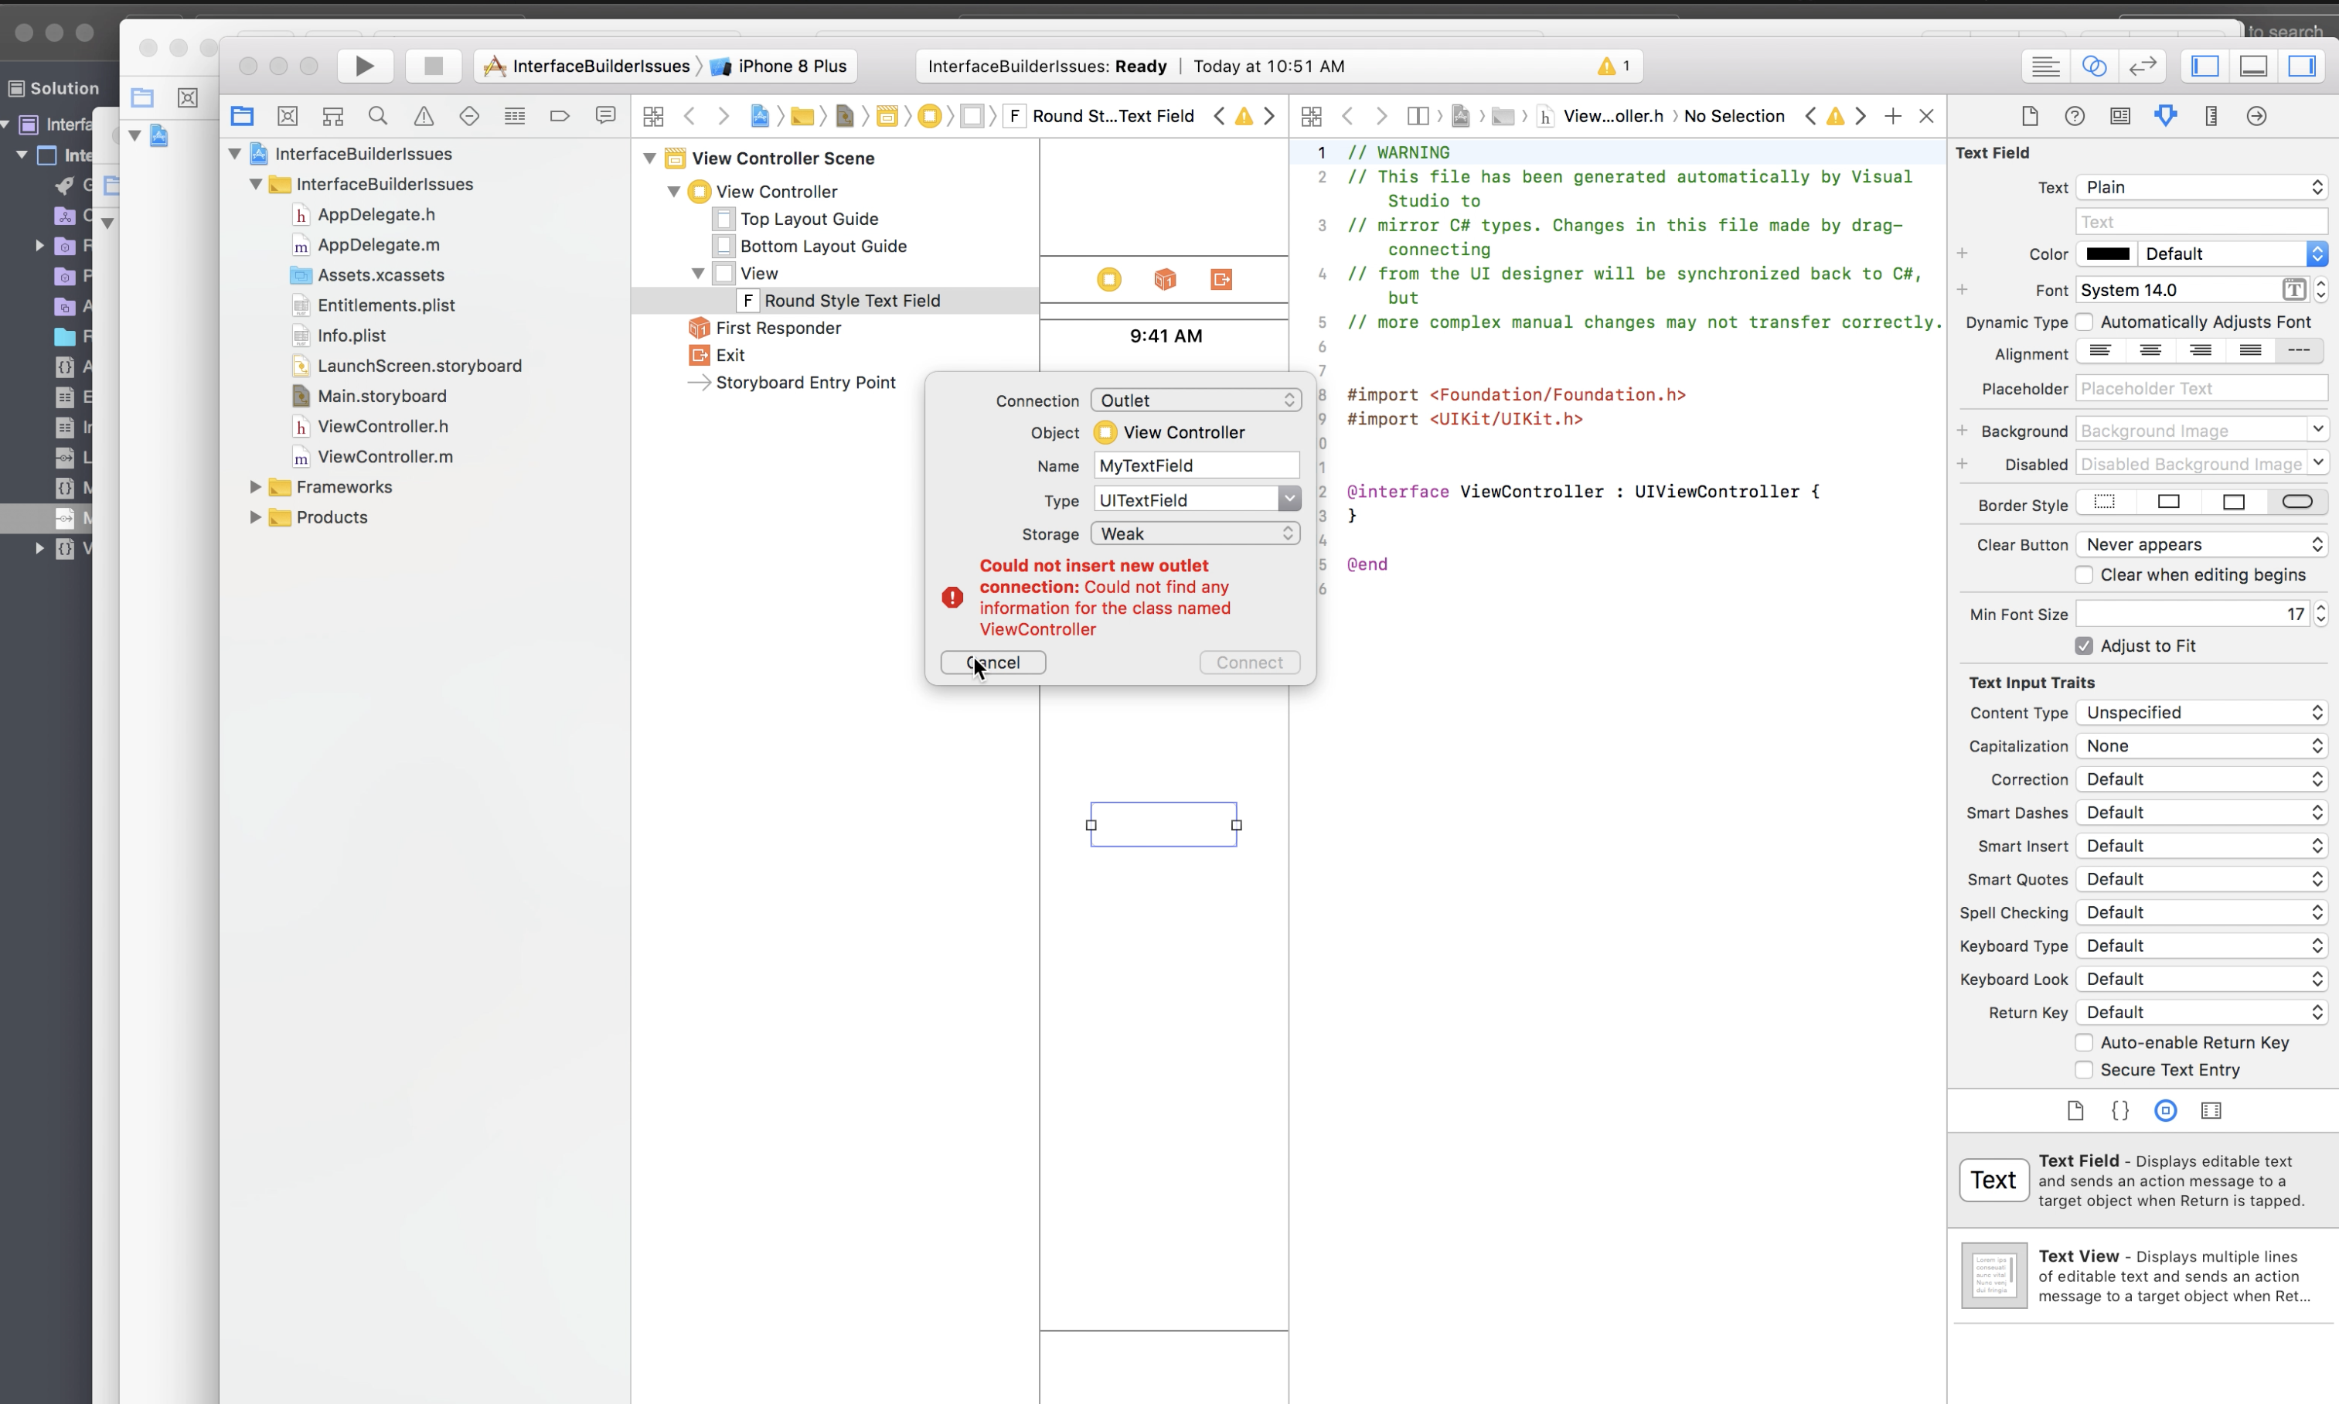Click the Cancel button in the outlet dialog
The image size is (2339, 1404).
coord(993,663)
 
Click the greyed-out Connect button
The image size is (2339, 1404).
coord(1249,663)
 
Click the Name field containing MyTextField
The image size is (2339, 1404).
coord(1196,465)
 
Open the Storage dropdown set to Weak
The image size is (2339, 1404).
coord(1196,533)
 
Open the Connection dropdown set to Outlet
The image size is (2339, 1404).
coord(1196,400)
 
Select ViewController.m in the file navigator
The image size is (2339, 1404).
coord(385,457)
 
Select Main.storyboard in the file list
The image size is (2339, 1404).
coord(381,397)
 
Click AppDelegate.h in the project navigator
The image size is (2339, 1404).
coord(376,215)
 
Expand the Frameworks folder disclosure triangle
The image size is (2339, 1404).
coord(255,487)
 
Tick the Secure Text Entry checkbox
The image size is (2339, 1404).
coord(2084,1070)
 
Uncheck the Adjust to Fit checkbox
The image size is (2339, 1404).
coord(2084,646)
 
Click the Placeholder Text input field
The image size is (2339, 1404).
coord(2201,389)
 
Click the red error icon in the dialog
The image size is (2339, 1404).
coord(952,598)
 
